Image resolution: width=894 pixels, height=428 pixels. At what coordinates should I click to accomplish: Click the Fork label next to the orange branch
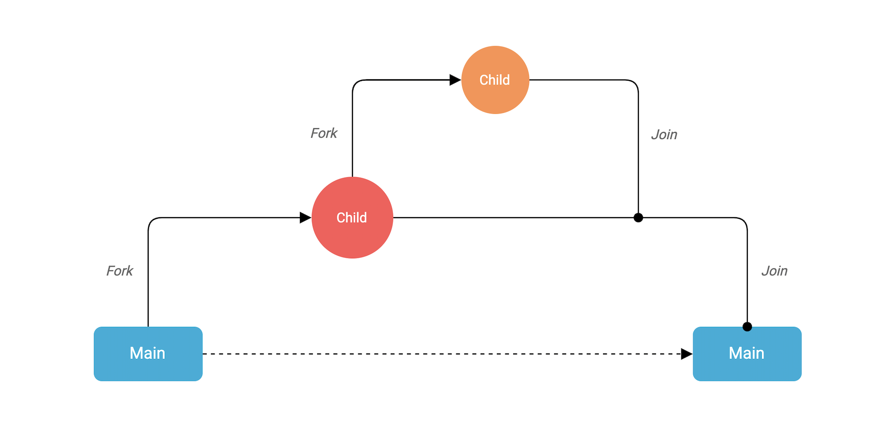point(324,133)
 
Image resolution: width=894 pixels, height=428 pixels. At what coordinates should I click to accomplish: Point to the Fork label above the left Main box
point(120,271)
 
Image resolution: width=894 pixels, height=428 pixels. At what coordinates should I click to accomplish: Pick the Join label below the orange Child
point(664,135)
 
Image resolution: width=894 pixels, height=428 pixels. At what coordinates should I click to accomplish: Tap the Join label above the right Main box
point(774,271)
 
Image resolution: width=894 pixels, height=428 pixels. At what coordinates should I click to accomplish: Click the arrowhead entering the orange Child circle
point(455,80)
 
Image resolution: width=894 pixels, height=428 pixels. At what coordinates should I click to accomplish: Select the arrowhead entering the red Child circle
point(305,217)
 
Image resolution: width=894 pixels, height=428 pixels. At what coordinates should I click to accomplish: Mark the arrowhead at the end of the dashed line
point(686,354)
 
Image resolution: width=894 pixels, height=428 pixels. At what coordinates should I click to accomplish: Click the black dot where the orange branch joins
point(638,217)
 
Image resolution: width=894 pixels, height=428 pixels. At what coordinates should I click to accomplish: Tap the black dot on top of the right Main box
point(747,326)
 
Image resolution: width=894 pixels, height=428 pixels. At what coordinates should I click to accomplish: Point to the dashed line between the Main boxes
point(442,354)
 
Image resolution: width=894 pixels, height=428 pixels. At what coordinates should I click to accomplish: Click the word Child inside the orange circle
point(494,80)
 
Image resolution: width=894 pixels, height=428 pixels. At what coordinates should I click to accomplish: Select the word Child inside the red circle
point(352,218)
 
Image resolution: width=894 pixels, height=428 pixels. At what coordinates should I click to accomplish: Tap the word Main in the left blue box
point(147,353)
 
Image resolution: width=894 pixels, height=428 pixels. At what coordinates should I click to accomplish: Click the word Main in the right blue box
point(746,353)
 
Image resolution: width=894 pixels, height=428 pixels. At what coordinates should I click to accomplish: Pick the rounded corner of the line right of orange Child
point(635,83)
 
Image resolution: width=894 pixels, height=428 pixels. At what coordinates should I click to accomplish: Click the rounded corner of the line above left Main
point(152,221)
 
